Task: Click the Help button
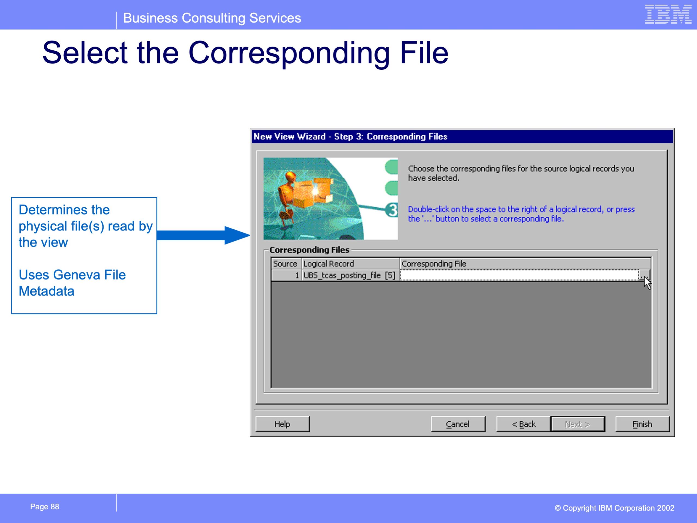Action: tap(282, 424)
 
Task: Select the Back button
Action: tap(523, 424)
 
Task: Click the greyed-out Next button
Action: tap(577, 424)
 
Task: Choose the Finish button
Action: tap(642, 424)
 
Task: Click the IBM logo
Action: tap(668, 14)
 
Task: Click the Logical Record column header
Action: tap(350, 264)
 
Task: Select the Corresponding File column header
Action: tap(525, 264)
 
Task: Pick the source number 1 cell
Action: tap(286, 275)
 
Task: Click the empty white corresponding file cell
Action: tap(519, 275)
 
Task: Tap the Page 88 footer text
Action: tap(44, 507)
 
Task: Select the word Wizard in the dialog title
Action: tap(311, 136)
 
